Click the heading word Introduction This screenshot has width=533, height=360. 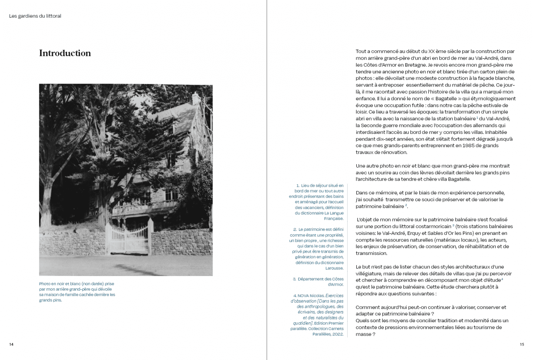click(x=65, y=53)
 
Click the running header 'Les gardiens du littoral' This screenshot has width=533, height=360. click(x=35, y=16)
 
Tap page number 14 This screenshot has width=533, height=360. click(x=11, y=344)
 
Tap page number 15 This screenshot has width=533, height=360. click(x=522, y=344)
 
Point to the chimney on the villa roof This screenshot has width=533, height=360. click(x=195, y=98)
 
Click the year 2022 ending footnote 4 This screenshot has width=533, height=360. click(x=338, y=334)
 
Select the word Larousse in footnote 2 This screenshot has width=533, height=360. click(x=335, y=268)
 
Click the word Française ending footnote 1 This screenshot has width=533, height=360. click(x=333, y=219)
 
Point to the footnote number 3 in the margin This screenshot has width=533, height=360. click(x=294, y=279)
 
